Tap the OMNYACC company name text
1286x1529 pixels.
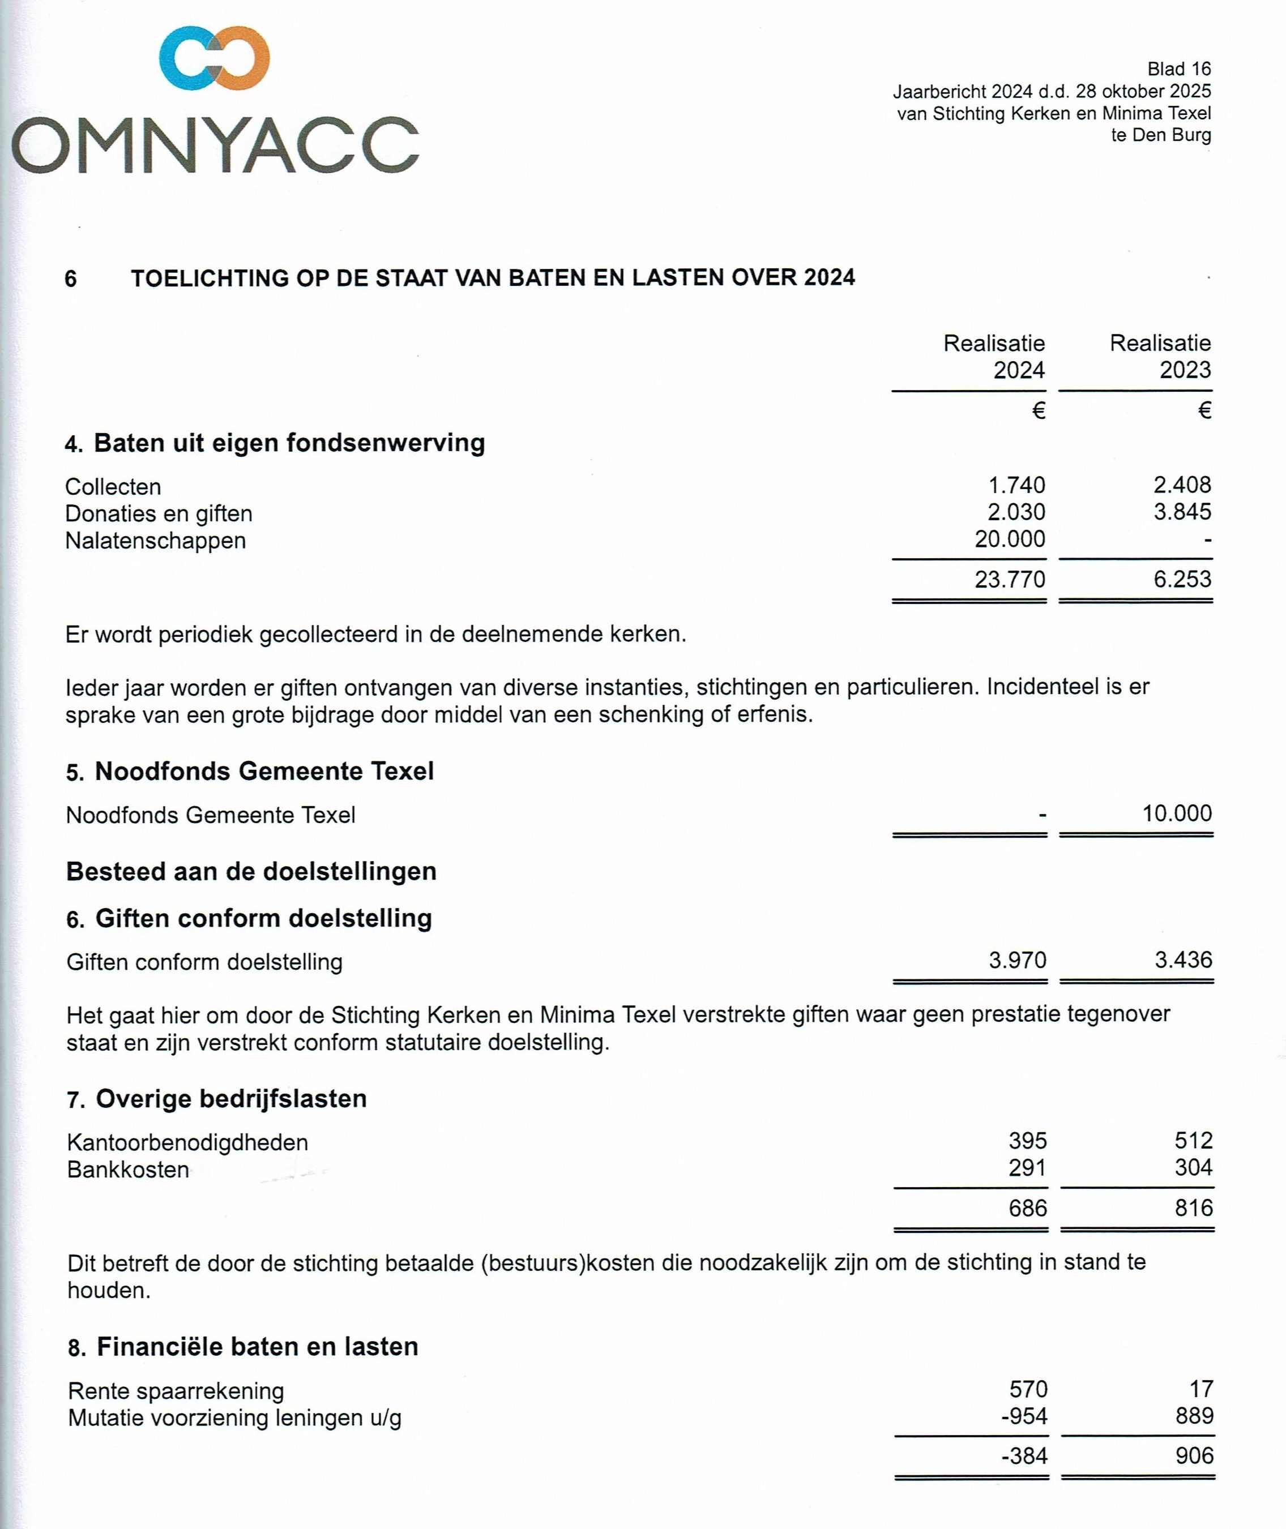(216, 145)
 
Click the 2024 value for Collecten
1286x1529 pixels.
(1016, 485)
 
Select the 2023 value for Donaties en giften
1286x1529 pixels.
(1182, 512)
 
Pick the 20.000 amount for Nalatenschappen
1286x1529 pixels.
(1010, 539)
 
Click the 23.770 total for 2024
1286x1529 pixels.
(1010, 579)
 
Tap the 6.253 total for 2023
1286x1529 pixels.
(1182, 579)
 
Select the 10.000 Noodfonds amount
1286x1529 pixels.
(1177, 813)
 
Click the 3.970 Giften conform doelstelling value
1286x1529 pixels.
(1017, 961)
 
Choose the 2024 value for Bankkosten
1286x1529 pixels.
(1027, 1168)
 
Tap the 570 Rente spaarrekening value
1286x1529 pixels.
(1028, 1389)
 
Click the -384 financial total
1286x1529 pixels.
(1024, 1456)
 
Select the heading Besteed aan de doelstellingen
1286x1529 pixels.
(251, 872)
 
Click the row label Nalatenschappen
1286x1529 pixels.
(155, 541)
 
